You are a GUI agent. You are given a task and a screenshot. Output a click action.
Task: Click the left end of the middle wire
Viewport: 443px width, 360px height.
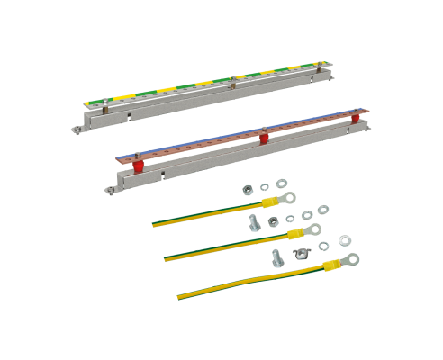point(167,257)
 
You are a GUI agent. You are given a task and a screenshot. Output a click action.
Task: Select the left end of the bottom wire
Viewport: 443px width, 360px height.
point(178,292)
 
